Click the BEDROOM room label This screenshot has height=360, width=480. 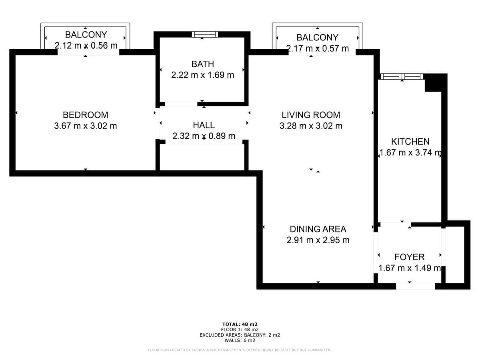pos(86,115)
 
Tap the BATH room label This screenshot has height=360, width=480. pos(203,64)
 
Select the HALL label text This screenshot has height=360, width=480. pos(204,125)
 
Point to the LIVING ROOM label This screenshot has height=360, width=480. pos(311,115)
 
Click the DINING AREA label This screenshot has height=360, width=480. pos(318,229)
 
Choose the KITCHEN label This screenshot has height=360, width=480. pos(410,142)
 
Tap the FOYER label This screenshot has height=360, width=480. pos(409,257)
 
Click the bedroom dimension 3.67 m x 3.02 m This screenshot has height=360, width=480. pos(86,126)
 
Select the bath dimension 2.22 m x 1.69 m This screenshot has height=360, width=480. pos(203,75)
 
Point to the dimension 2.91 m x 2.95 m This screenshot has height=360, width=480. pos(318,240)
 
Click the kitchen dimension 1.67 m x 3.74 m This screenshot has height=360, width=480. pos(410,152)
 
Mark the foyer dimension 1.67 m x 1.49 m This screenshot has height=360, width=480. pos(409,268)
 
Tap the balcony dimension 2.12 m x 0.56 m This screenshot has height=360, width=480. pos(86,46)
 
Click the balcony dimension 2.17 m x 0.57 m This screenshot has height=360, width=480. pos(317,48)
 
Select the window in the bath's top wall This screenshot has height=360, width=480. pos(205,34)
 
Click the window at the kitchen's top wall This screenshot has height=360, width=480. pos(402,76)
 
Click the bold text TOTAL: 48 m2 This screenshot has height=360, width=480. pos(240,324)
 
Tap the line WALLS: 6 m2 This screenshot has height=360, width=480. pos(240,340)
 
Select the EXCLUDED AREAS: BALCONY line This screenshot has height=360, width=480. pos(240,335)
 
